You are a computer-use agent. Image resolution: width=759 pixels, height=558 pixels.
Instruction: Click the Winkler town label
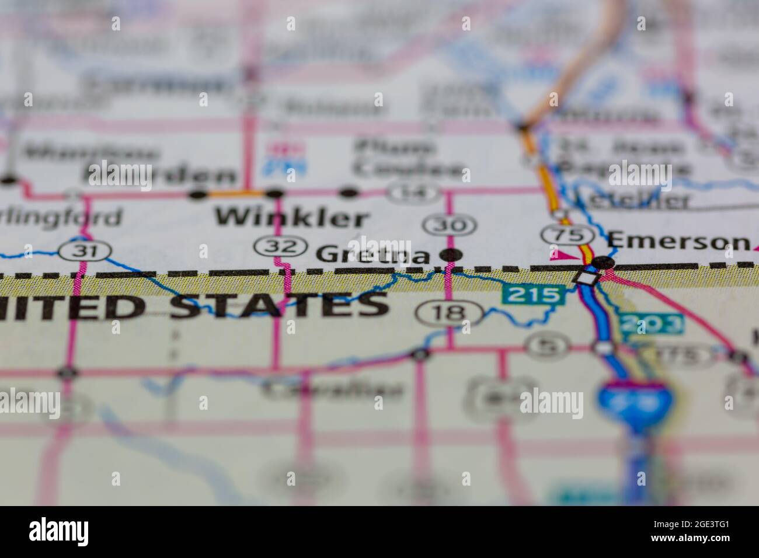coord(291,218)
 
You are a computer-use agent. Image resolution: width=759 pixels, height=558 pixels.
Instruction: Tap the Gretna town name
coord(373,255)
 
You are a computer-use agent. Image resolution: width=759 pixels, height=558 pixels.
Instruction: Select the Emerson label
coord(677,240)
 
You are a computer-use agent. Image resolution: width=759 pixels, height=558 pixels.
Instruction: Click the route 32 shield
coord(281,246)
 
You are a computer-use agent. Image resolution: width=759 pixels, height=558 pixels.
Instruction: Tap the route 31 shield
coord(85,252)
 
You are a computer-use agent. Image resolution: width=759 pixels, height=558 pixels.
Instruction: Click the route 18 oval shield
coord(449,314)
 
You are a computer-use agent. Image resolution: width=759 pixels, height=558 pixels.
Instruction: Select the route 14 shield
coord(415,191)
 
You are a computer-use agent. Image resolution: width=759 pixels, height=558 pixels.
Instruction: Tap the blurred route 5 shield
coord(546,346)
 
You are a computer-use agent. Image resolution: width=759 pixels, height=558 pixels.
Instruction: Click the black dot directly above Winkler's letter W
coord(199,193)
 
